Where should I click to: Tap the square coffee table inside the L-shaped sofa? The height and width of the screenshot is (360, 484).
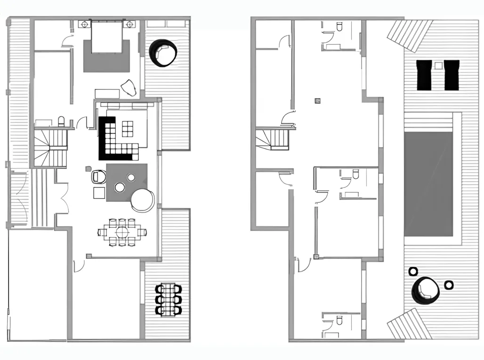click(128, 128)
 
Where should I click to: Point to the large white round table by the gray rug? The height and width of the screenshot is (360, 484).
click(142, 200)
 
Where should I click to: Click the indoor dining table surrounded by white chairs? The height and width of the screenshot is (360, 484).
click(122, 232)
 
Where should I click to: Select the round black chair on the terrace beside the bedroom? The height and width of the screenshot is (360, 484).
click(163, 52)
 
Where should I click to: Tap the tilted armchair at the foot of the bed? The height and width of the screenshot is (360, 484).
click(129, 88)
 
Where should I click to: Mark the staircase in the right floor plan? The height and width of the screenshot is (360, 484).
click(273, 139)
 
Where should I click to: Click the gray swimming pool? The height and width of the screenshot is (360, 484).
click(428, 184)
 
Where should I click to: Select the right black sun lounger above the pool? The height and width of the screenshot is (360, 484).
click(452, 75)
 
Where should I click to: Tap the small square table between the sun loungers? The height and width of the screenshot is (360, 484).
click(438, 65)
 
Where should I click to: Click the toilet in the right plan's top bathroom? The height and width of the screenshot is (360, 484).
click(339, 28)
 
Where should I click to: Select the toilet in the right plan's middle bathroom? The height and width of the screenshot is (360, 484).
click(355, 175)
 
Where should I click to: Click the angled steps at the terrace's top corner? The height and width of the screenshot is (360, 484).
click(409, 35)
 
